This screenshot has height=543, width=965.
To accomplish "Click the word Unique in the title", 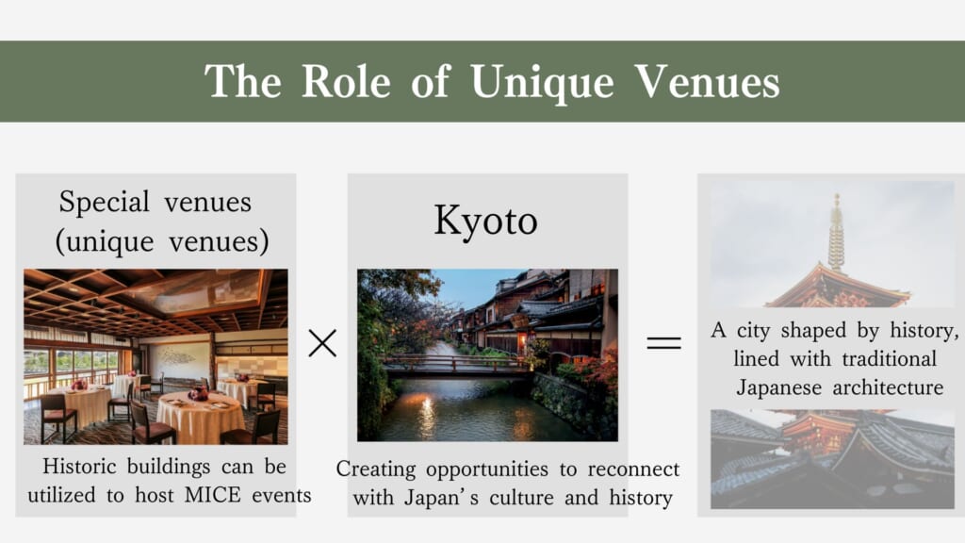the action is tap(542, 83).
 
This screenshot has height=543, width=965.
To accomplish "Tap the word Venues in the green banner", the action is tap(707, 81).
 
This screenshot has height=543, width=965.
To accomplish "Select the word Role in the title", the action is tap(346, 81).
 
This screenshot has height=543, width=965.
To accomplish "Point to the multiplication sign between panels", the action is tap(322, 343).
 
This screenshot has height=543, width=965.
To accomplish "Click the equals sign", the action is tap(663, 343).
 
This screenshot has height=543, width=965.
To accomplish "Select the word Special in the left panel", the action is tap(104, 203).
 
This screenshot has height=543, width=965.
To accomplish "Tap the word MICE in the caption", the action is tap(212, 495).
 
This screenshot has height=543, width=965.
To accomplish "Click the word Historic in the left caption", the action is tap(79, 467).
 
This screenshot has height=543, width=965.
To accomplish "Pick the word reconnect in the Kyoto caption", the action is tap(633, 469).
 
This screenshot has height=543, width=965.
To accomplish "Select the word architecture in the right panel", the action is tap(888, 387).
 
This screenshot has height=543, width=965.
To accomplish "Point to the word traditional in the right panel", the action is tap(889, 359).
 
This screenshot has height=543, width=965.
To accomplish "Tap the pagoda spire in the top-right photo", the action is tap(836, 232).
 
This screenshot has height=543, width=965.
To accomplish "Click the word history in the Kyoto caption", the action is tap(641, 498).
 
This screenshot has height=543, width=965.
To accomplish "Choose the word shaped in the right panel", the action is tap(813, 331).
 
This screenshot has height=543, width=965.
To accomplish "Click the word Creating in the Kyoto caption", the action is tap(376, 470).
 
